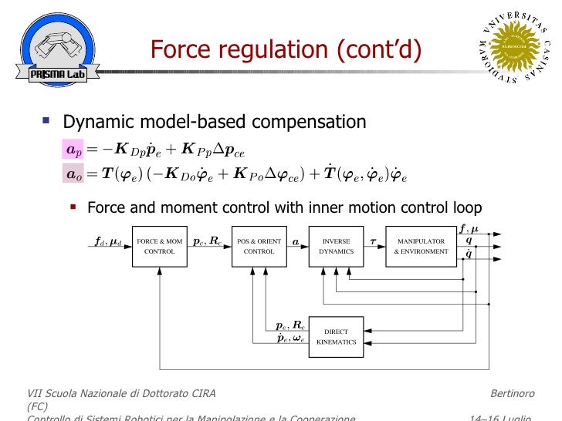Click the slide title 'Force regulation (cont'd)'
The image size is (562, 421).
[x=286, y=50]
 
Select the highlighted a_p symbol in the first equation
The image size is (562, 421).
[x=73, y=149]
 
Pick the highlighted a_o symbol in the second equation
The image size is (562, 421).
[x=73, y=174]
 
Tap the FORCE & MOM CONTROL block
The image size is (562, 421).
[x=160, y=246]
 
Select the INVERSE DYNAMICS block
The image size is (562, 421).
[x=336, y=246]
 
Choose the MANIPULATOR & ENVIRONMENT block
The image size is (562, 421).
[x=421, y=246]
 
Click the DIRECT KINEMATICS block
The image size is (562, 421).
[x=336, y=337]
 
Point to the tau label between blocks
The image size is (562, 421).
[x=373, y=241]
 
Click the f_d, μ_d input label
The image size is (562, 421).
[x=107, y=241]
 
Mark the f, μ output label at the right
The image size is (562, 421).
[x=469, y=229]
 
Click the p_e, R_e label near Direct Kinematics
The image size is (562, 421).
[x=290, y=326]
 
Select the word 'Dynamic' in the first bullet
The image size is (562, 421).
[x=94, y=122]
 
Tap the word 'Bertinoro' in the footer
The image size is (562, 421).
[x=512, y=394]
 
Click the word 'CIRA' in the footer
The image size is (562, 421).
[x=199, y=394]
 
